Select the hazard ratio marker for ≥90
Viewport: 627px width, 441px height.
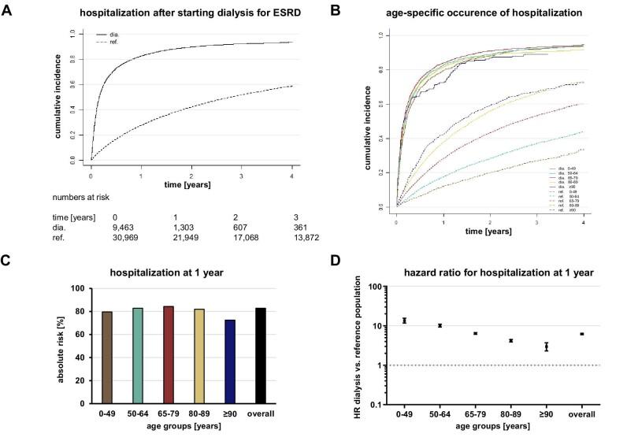tap(546, 346)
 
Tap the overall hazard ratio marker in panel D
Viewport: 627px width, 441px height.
tap(581, 334)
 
